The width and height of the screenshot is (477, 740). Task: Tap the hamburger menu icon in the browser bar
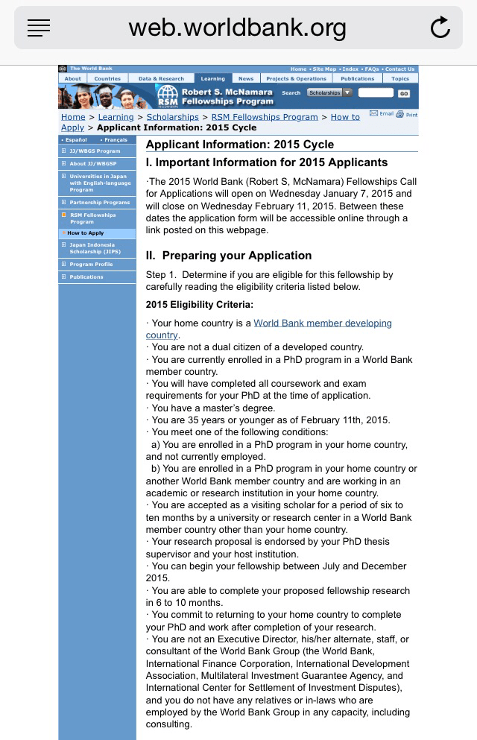[39, 28]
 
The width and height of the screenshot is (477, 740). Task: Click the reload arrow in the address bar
[440, 28]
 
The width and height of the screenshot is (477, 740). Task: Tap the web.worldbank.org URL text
[237, 28]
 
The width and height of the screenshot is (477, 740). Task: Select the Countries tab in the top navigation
[107, 78]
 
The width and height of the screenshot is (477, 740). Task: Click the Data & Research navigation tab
[161, 78]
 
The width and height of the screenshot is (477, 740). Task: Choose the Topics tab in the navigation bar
[400, 78]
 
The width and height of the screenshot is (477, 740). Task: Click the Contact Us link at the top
[400, 69]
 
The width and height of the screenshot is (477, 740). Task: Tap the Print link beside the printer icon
[411, 115]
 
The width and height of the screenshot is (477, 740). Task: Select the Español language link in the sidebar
[76, 139]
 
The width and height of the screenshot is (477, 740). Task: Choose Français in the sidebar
[116, 139]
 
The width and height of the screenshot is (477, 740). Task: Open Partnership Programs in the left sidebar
[99, 202]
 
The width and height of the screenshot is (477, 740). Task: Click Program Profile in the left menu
[91, 265]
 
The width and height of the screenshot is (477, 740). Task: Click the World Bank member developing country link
[322, 323]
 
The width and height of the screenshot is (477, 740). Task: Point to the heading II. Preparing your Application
[229, 255]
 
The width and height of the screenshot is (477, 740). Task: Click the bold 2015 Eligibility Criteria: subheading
[199, 304]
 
